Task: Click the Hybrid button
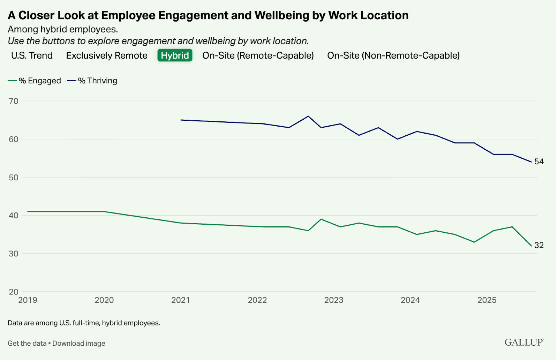[175, 55]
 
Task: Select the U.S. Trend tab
[32, 55]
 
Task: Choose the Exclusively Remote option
[107, 55]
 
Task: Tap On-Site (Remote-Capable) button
[258, 55]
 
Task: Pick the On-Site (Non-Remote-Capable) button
[393, 55]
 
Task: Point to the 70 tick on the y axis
[14, 101]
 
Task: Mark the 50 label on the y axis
[14, 177]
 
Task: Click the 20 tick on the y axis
[14, 292]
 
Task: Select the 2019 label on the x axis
[28, 300]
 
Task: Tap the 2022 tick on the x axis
[257, 300]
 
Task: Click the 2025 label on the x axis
[487, 300]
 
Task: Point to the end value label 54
[539, 162]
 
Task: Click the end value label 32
[539, 245]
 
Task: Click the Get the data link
[27, 343]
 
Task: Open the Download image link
[79, 343]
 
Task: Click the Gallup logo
[524, 342]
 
